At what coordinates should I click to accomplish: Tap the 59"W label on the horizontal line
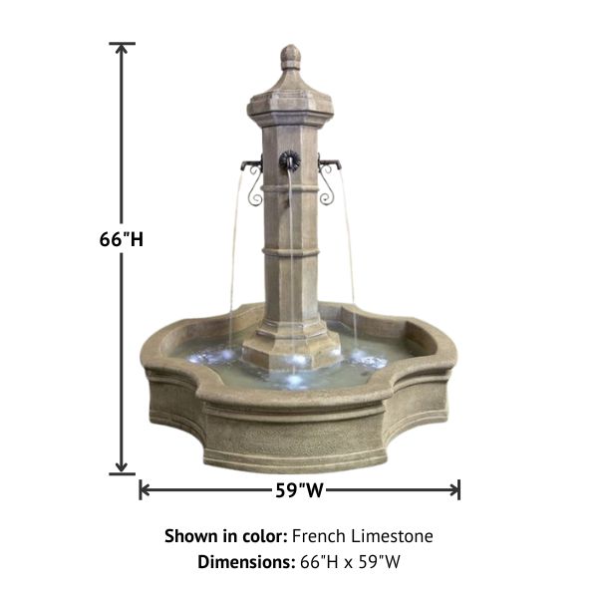point(300,490)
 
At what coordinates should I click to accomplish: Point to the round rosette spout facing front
point(289,159)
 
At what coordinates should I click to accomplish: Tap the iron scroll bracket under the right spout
point(326,188)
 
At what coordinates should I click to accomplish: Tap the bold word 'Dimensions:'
point(245,561)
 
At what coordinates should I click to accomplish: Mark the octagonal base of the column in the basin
point(290,344)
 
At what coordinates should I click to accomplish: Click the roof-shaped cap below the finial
point(290,95)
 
